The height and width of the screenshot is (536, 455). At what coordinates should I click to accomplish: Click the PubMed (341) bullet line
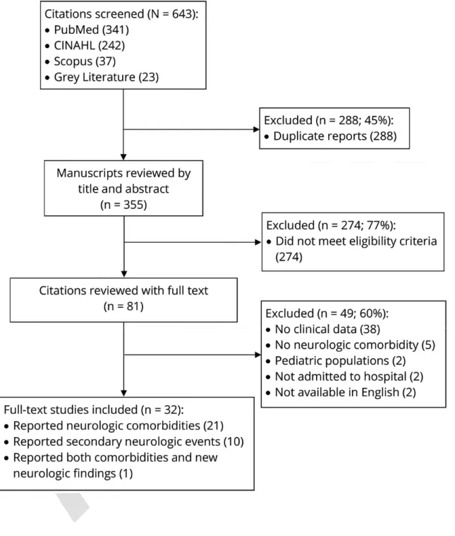tap(87, 30)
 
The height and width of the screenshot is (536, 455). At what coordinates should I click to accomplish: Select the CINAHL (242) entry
tap(85, 45)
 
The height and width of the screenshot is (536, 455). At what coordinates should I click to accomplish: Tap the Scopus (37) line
tap(80, 61)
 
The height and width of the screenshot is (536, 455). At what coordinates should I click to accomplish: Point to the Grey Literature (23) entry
tap(102, 77)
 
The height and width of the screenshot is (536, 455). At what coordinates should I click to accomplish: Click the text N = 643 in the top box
tap(173, 14)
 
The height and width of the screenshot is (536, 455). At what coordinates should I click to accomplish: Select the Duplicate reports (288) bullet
tap(331, 136)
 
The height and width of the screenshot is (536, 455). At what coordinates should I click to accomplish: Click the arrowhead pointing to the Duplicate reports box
tap(256, 129)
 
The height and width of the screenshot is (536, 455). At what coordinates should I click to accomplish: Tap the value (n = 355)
tap(123, 205)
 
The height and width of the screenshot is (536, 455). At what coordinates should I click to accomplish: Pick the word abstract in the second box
tap(147, 189)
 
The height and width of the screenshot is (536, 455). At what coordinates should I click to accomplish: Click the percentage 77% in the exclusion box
tap(380, 225)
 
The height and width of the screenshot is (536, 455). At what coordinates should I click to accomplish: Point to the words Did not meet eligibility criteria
tap(356, 241)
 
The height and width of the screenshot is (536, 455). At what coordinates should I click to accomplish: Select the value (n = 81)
tap(123, 306)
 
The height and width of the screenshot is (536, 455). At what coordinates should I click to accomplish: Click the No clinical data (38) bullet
tap(323, 329)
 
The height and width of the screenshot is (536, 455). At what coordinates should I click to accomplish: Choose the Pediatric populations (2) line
tap(336, 361)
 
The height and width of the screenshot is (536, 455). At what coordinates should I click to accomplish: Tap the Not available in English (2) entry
tap(341, 392)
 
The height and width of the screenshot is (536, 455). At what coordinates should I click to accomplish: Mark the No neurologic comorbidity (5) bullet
tap(351, 345)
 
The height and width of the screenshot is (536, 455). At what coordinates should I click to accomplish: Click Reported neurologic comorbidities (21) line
tap(114, 426)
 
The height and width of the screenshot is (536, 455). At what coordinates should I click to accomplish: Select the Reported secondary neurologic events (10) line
tap(124, 441)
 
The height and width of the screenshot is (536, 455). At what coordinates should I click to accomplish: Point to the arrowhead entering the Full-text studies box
tap(124, 393)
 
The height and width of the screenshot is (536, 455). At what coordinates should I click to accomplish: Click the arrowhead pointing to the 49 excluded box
tap(258, 355)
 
